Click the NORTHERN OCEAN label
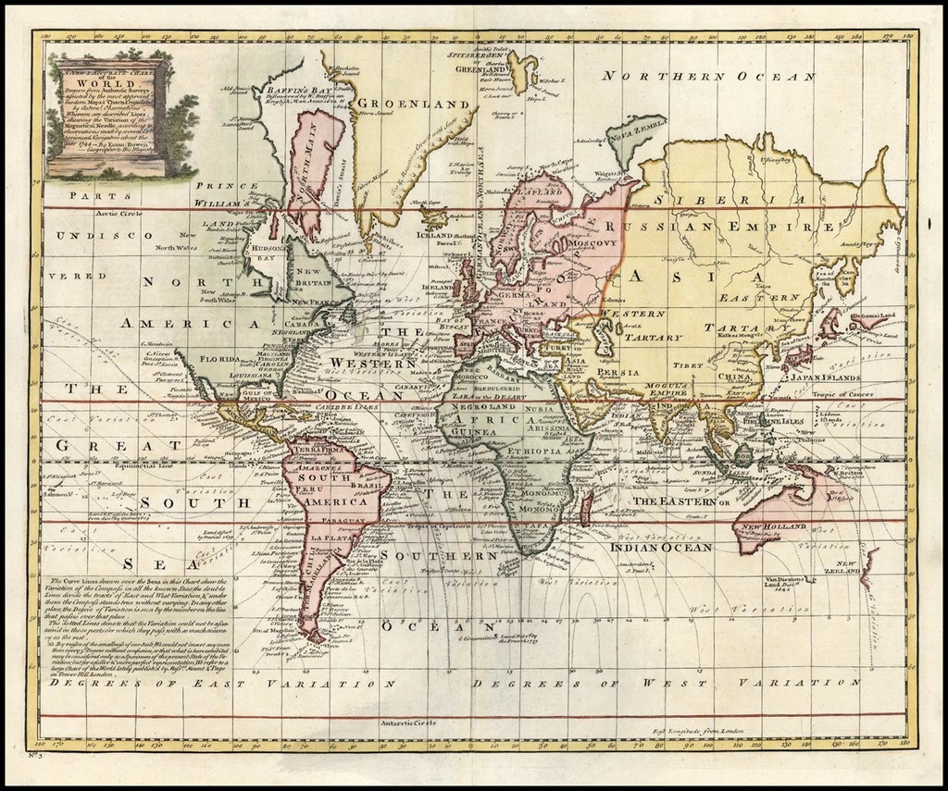(708, 77)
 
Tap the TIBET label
(683, 365)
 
